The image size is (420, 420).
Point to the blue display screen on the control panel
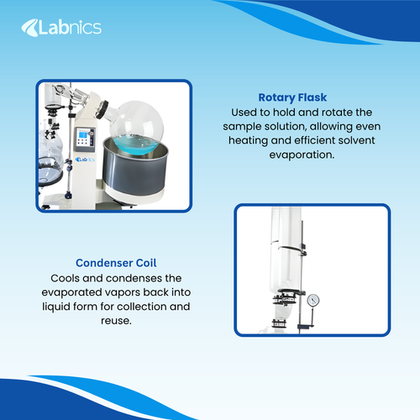click(84, 138)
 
